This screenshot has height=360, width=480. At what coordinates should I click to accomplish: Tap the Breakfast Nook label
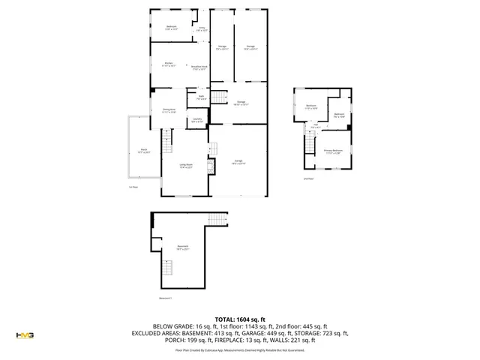coord(199,67)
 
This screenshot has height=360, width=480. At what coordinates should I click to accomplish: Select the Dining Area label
coord(169,111)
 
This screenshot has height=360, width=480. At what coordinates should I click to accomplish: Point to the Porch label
coord(143,151)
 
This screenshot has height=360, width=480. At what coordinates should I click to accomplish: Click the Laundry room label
coord(196,119)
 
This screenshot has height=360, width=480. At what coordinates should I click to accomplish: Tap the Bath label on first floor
coord(201,97)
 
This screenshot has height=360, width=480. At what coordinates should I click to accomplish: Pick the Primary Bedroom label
coord(333,151)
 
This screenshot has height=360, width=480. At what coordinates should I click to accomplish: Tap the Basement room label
coord(183,247)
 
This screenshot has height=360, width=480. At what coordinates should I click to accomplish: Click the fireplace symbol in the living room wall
coord(211,166)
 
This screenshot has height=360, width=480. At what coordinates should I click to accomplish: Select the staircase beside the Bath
coord(218,98)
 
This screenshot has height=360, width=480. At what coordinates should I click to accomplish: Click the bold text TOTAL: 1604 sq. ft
coord(239,319)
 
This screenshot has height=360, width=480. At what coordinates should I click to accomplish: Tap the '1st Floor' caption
coord(133,187)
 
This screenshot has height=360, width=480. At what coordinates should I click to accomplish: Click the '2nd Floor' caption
coord(307,179)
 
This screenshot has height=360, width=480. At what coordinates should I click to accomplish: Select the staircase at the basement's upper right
coord(216,220)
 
